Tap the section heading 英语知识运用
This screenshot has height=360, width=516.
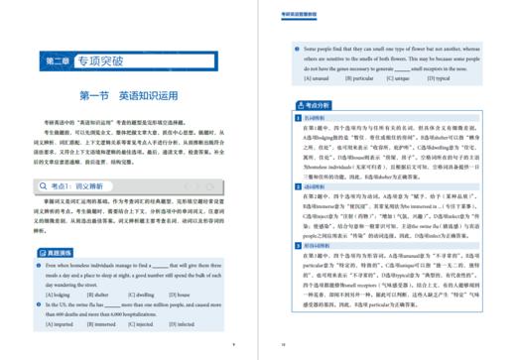pyautogui.click(x=150, y=96)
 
